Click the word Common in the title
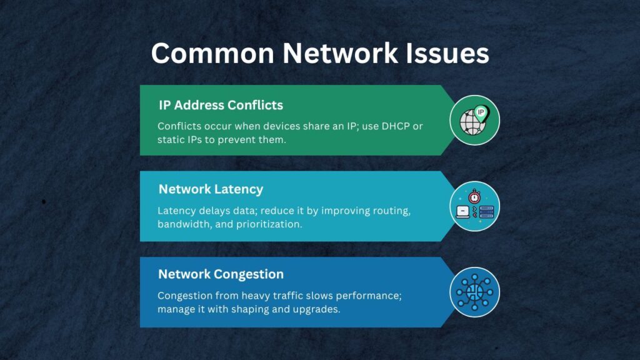(x=212, y=54)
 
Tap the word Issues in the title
(x=447, y=54)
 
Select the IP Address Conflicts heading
(x=221, y=105)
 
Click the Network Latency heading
(x=211, y=189)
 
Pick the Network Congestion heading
(x=221, y=274)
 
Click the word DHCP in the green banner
(x=396, y=126)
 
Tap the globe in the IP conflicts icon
(x=472, y=122)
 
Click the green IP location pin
(x=481, y=114)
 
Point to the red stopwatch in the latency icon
(x=474, y=196)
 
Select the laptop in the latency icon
(x=463, y=212)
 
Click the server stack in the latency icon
(x=486, y=212)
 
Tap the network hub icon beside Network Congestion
(x=475, y=292)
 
